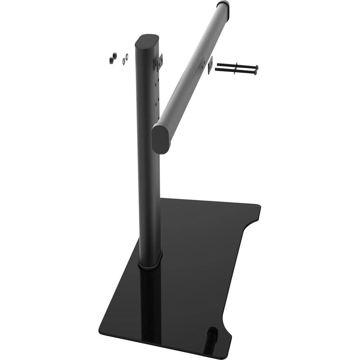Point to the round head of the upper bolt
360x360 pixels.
click(256, 67)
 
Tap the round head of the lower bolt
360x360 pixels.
click(255, 72)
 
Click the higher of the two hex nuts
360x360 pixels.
click(114, 55)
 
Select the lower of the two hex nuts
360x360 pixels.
click(111, 60)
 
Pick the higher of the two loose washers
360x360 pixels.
click(127, 56)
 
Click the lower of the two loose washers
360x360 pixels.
click(124, 62)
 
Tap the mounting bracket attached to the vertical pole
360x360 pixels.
click(159, 62)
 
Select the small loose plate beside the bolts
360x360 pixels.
click(210, 65)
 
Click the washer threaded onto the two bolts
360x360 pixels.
click(235, 68)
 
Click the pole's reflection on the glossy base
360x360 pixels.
click(151, 306)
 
